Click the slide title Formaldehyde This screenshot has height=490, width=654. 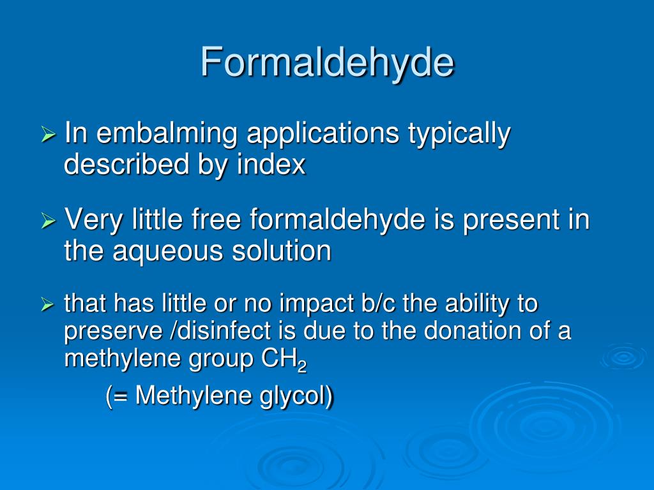pos(327,62)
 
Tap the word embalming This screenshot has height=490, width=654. pos(168,134)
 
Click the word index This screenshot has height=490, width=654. pos(271,165)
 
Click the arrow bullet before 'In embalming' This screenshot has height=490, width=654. pos(49,135)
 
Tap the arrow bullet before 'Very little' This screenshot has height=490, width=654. pos(49,221)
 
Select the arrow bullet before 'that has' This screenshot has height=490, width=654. pos(48,306)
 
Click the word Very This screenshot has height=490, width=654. pos(92,221)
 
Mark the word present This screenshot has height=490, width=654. pos(506,221)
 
